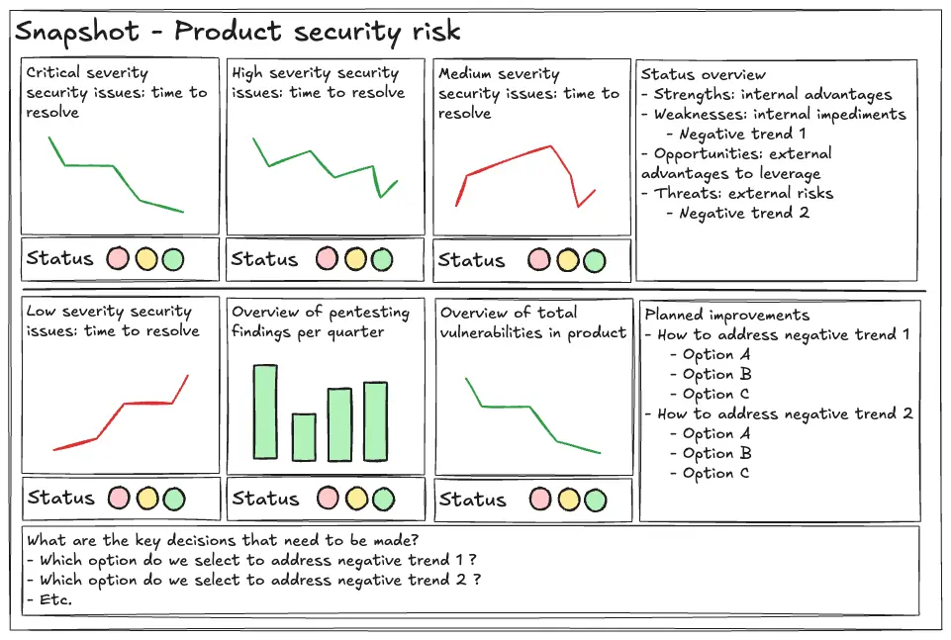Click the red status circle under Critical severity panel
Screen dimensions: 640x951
click(119, 259)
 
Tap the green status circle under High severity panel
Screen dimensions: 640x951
click(381, 259)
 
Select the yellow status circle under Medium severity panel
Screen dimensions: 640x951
click(567, 260)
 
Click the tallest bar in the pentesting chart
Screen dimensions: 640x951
click(265, 411)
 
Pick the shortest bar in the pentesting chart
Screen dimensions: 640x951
click(304, 436)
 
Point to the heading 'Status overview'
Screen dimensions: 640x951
click(703, 74)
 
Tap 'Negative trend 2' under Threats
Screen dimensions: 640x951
click(744, 213)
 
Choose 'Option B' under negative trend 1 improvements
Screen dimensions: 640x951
click(716, 374)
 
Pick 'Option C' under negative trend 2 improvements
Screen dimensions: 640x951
click(716, 473)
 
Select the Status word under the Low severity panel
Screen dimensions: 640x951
click(60, 498)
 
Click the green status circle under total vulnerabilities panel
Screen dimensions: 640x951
click(595, 500)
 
